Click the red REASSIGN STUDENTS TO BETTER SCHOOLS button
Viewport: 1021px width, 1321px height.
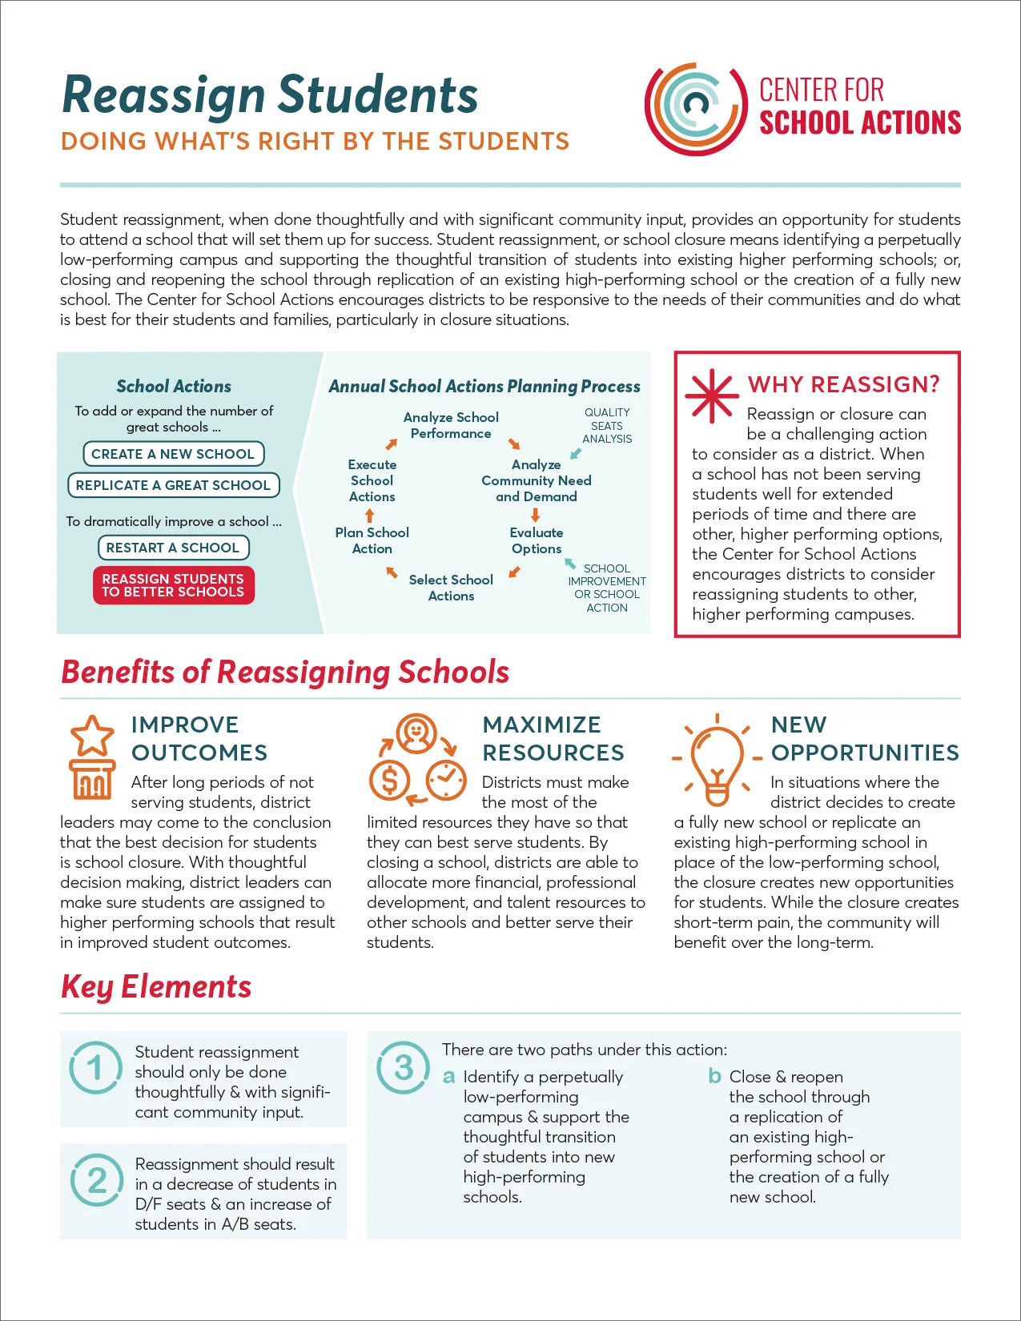point(173,585)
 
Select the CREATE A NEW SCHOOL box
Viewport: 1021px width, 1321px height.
point(173,454)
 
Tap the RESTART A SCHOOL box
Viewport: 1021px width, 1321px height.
point(173,548)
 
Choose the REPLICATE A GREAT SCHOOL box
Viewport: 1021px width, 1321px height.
point(173,485)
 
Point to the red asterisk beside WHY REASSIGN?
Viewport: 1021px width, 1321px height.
point(710,396)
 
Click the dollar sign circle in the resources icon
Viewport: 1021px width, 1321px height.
point(389,779)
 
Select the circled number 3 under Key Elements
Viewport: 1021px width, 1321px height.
point(404,1068)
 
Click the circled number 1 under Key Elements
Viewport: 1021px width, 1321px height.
point(96,1068)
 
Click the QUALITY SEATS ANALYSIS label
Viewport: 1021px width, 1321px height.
point(607,426)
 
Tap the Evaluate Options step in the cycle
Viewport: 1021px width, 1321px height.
point(537,540)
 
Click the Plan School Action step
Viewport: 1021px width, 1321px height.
point(372,540)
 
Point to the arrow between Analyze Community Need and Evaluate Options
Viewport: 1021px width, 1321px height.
point(536,515)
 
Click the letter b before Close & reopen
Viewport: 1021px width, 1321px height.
point(714,1076)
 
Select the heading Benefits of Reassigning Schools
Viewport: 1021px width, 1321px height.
point(285,672)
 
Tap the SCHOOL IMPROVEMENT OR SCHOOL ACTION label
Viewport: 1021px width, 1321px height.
point(607,588)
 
